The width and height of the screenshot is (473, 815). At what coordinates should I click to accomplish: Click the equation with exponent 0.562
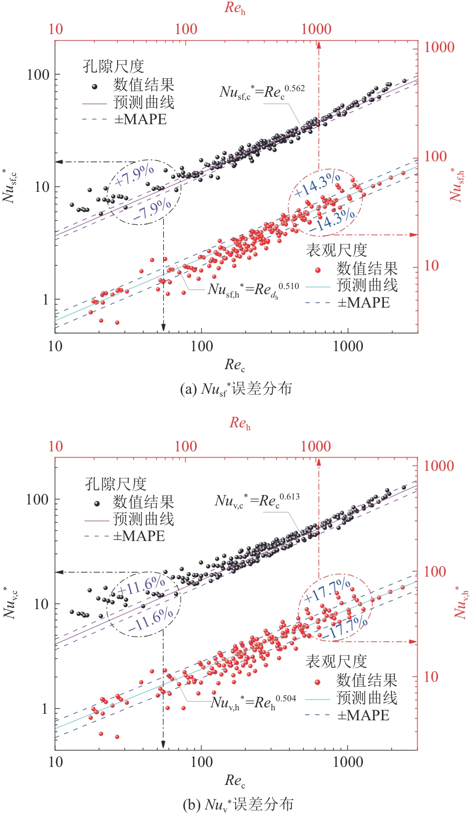click(262, 92)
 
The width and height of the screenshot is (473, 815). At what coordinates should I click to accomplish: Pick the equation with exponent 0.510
click(253, 290)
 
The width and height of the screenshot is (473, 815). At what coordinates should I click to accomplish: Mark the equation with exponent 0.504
click(253, 702)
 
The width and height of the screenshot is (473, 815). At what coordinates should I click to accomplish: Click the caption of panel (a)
click(236, 389)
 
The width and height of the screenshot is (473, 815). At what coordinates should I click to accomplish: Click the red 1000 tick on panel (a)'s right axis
click(439, 48)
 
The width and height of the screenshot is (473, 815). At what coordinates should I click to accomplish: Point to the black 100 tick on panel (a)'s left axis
click(38, 75)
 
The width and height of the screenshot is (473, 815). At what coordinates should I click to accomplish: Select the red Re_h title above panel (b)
click(240, 424)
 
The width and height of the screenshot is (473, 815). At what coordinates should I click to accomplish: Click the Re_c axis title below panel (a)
click(234, 365)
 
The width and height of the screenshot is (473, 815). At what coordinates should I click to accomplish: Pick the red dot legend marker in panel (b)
click(317, 682)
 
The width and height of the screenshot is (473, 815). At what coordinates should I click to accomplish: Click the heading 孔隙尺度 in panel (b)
click(116, 484)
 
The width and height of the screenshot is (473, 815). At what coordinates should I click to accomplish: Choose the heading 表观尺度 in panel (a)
click(336, 250)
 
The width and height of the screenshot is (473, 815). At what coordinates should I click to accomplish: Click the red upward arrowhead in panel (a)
click(318, 45)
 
